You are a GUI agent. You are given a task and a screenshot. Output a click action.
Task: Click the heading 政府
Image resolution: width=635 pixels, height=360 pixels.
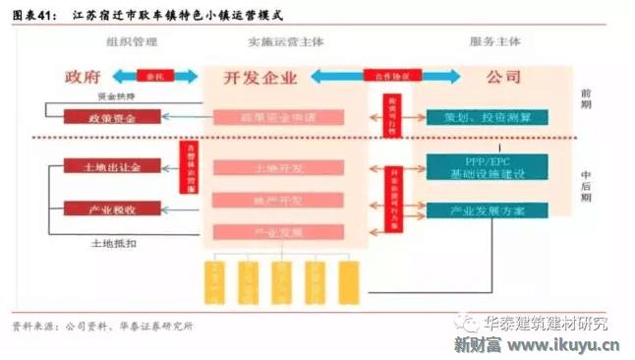(x=84, y=77)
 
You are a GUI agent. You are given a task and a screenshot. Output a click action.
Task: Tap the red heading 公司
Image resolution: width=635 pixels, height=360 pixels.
(x=503, y=76)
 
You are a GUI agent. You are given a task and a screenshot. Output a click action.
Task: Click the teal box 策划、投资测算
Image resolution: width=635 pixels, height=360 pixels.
(x=487, y=118)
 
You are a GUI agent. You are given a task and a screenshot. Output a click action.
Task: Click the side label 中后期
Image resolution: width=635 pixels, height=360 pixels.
(x=588, y=182)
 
